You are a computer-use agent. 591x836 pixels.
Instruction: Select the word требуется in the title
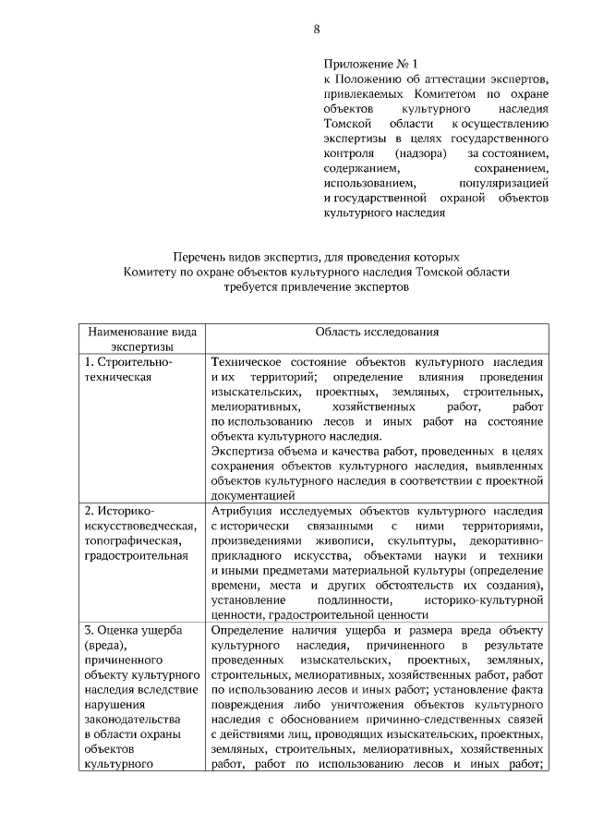pos(253,287)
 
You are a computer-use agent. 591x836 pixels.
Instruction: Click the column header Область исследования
pos(377,332)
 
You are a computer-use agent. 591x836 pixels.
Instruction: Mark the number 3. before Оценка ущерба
pos(89,629)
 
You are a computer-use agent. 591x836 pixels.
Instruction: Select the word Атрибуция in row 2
pos(239,511)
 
